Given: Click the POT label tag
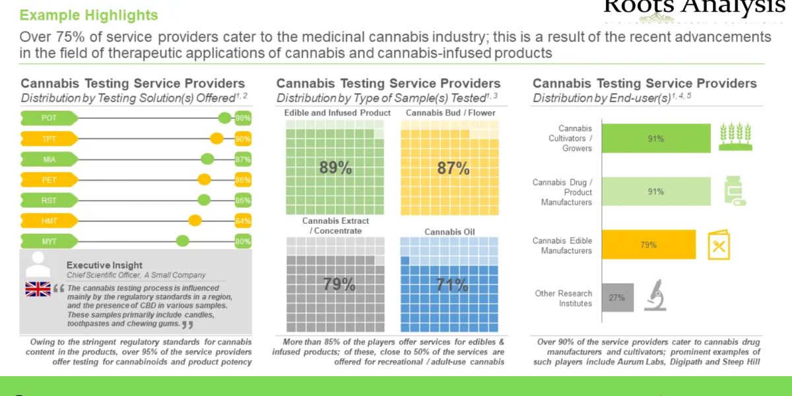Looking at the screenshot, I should (x=49, y=118).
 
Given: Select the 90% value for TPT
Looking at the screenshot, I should (x=243, y=139).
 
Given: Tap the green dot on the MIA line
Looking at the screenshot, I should (x=207, y=159).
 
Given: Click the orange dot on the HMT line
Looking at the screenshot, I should (x=195, y=220).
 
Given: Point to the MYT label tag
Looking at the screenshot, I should (x=49, y=241).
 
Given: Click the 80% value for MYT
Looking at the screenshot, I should (x=243, y=241).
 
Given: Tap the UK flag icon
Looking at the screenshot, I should (x=38, y=288).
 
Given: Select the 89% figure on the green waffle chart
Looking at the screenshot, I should (x=335, y=168).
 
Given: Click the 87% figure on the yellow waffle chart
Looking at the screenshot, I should (x=453, y=168).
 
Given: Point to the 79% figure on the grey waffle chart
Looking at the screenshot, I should (x=339, y=284).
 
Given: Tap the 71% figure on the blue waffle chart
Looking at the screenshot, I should (x=453, y=284).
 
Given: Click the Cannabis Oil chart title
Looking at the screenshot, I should (x=449, y=232).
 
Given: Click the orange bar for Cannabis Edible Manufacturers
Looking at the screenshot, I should (x=647, y=245).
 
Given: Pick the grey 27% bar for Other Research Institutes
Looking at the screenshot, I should (x=617, y=298).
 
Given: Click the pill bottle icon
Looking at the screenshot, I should (x=734, y=191).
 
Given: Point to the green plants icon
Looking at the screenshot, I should (x=735, y=137).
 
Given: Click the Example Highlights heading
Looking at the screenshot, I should (x=89, y=15).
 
